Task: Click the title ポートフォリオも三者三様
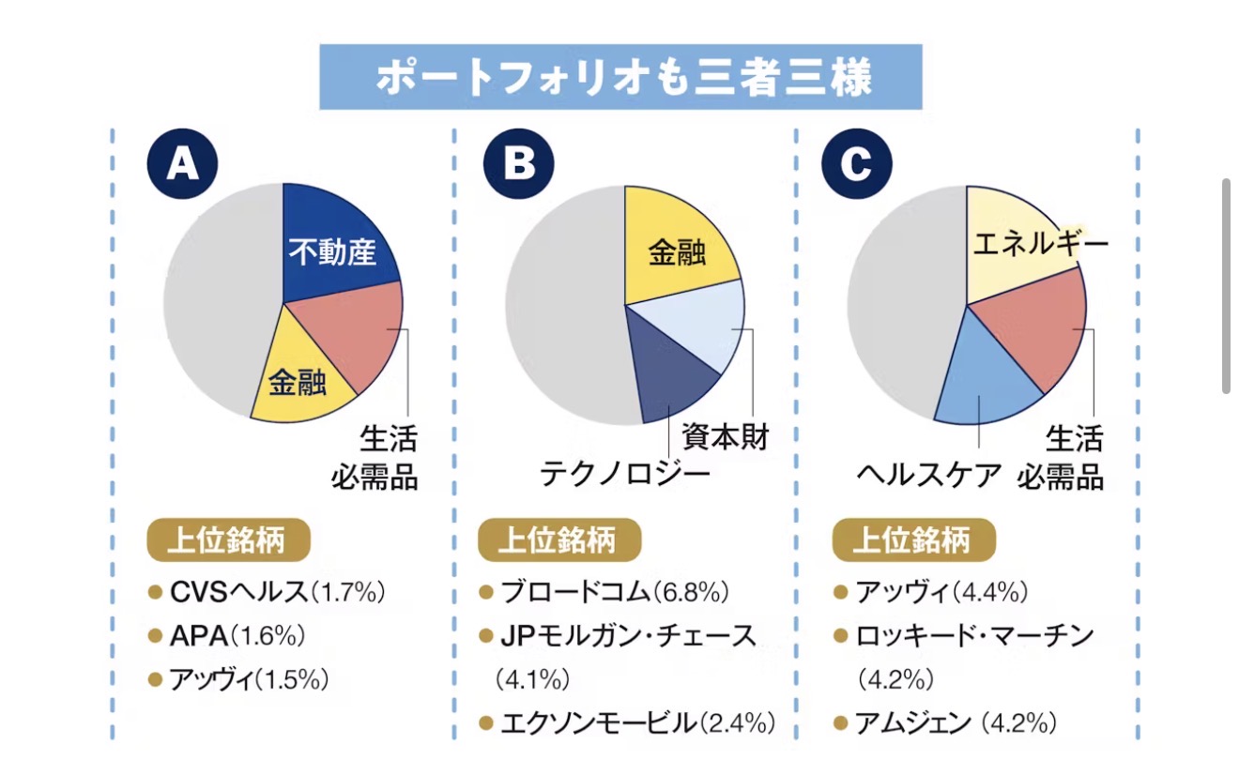[x=621, y=77]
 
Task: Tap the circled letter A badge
[x=181, y=164]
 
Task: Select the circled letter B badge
[x=519, y=164]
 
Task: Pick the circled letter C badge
[x=855, y=164]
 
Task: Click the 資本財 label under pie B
[x=725, y=436]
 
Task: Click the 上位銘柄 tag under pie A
[x=228, y=541]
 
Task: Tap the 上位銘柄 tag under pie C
[x=913, y=541]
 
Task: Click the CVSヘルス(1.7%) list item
[x=277, y=593]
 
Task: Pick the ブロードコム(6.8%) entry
[x=614, y=593]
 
